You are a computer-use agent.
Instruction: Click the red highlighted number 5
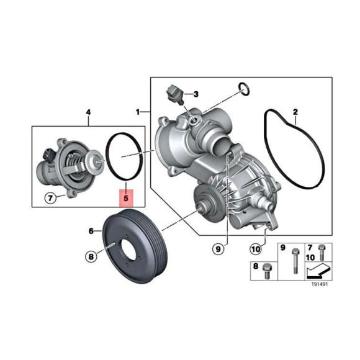click(x=127, y=199)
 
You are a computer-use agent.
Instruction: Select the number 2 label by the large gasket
click(x=295, y=112)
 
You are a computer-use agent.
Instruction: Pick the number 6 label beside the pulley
click(x=91, y=231)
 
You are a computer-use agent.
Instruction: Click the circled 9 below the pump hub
click(x=218, y=249)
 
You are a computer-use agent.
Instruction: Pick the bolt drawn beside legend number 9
click(x=294, y=260)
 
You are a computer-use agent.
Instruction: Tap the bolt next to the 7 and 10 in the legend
click(x=321, y=253)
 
